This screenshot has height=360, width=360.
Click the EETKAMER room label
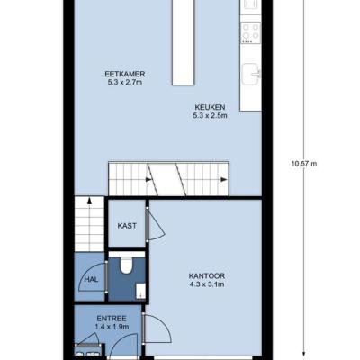coord(125,74)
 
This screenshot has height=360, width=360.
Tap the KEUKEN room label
coord(210,107)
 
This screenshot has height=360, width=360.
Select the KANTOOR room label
coord(207,276)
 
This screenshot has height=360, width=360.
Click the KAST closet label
coord(127,226)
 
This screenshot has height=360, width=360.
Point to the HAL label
coord(91,280)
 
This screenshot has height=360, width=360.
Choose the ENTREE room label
coord(112,319)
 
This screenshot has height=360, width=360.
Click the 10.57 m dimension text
coord(304,164)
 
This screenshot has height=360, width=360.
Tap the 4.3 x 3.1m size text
coord(207,284)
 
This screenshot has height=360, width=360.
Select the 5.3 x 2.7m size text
coord(125,82)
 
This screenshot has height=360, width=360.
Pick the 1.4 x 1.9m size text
coord(112,327)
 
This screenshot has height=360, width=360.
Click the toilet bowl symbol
coord(126,265)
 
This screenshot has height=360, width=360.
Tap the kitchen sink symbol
coord(251,75)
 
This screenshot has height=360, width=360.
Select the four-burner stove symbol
coord(251,31)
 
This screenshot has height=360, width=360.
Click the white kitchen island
coord(183,42)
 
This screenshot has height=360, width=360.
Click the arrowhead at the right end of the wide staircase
coord(224,180)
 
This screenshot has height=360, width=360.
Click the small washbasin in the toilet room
coord(140,291)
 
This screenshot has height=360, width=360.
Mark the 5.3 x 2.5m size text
coord(210,115)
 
